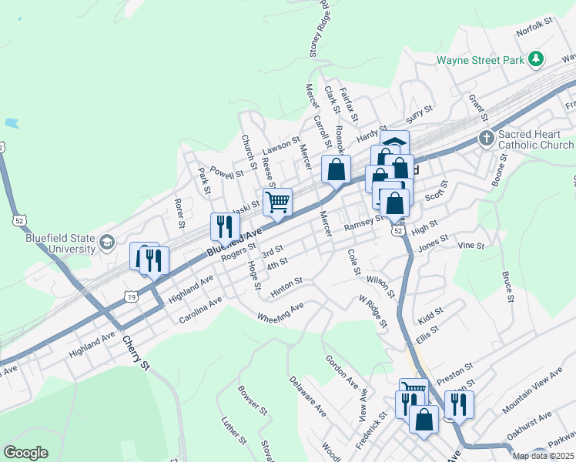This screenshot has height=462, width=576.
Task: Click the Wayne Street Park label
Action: (479, 59)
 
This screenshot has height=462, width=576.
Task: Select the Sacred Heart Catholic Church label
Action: (535, 139)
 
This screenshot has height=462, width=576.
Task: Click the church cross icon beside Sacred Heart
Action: (486, 139)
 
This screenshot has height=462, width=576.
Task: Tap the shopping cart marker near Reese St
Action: (277, 202)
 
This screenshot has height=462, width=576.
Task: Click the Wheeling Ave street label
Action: (280, 313)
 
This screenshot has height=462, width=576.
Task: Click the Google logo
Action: (25, 453)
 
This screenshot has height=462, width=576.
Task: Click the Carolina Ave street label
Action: (200, 310)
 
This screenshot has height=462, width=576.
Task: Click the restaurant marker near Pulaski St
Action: (221, 226)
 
